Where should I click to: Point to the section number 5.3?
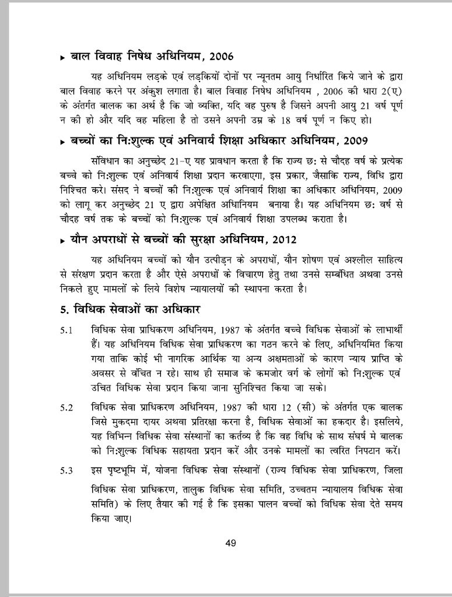[x=66, y=470]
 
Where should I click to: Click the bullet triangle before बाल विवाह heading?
[x=62, y=58]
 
